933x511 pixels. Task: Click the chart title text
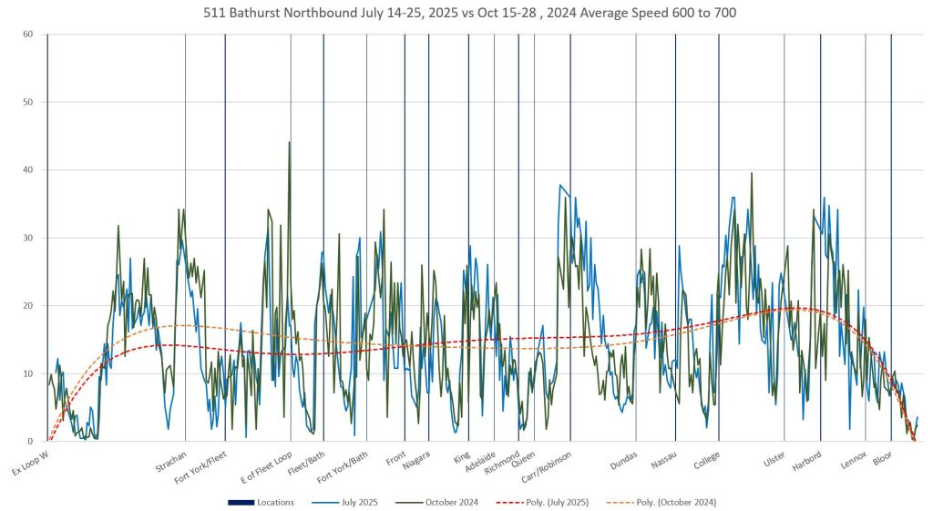(466, 13)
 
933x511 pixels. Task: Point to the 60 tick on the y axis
(28, 35)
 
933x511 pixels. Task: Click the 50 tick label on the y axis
(28, 102)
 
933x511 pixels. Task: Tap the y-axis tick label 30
(28, 238)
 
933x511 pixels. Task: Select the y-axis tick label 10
(28, 373)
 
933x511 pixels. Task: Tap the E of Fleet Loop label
(266, 468)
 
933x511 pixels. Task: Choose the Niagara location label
(416, 462)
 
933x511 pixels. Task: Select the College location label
(707, 461)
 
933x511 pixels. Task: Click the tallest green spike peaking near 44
(290, 143)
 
